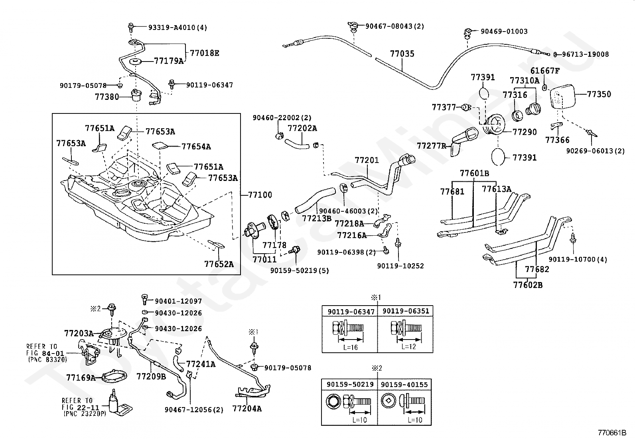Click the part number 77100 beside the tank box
(260, 195)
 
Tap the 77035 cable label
(402, 54)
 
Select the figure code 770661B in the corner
(612, 433)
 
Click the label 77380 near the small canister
(107, 97)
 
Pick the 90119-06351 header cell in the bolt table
(406, 311)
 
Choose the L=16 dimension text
(350, 347)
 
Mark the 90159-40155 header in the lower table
(404, 385)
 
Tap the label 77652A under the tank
(219, 264)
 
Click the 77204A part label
(247, 409)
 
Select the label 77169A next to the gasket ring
(81, 377)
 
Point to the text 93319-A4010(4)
(178, 28)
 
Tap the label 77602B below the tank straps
(528, 285)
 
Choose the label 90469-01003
(504, 31)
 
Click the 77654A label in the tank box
(196, 147)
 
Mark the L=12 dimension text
(408, 346)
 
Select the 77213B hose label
(317, 219)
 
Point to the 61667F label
(545, 71)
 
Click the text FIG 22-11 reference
(81, 407)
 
